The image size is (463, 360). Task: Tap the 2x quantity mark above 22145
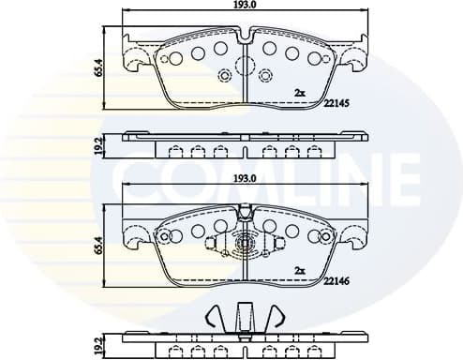pos(300,93)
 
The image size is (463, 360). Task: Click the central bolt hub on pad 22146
pos(244,247)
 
